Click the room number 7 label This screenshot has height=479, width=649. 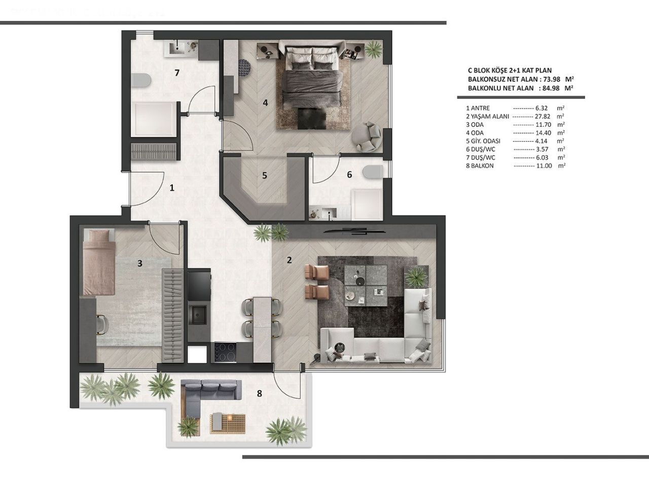pyautogui.click(x=176, y=73)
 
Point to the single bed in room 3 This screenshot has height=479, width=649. pyautogui.click(x=99, y=261)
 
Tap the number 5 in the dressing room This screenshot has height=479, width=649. pyautogui.click(x=264, y=176)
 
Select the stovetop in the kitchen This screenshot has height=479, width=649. pyautogui.click(x=224, y=352)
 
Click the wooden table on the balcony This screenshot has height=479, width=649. pyautogui.click(x=228, y=423)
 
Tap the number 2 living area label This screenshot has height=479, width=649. pyautogui.click(x=289, y=260)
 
